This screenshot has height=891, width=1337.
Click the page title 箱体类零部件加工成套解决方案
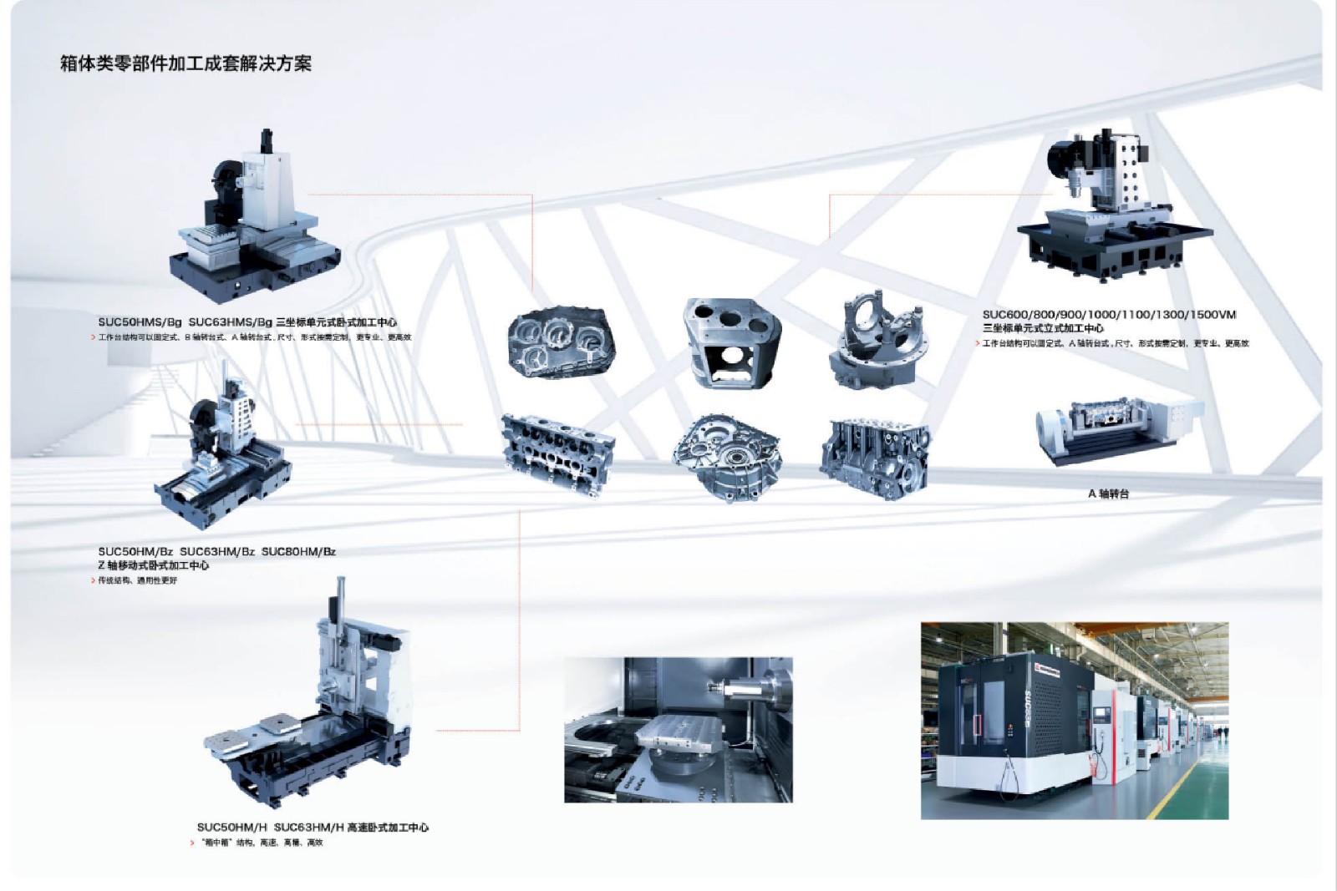pyautogui.click(x=186, y=64)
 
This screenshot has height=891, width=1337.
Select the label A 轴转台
pyautogui.click(x=1108, y=494)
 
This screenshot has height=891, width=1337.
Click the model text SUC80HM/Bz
pyautogui.click(x=298, y=552)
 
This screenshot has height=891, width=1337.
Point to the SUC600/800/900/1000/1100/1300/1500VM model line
pyautogui.click(x=1109, y=315)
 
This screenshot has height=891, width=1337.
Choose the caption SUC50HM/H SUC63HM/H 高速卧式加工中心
pyautogui.click(x=313, y=828)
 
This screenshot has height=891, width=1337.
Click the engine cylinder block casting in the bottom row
pyautogui.click(x=874, y=458)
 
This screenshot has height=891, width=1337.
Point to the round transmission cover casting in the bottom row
pyautogui.click(x=726, y=457)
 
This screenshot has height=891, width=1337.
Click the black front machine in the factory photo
pyautogui.click(x=1003, y=718)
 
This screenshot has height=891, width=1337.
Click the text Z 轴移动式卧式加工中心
pyautogui.click(x=154, y=565)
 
